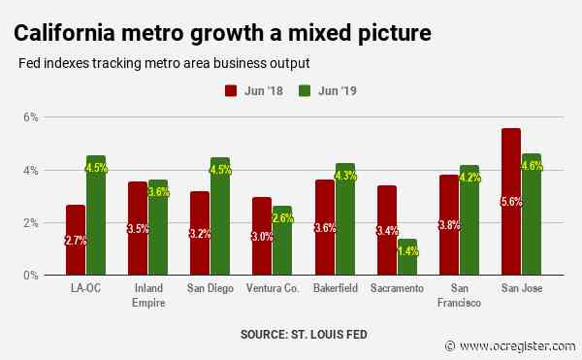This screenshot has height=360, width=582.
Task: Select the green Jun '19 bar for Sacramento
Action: [x=408, y=257]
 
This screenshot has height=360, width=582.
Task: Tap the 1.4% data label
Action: [x=408, y=251]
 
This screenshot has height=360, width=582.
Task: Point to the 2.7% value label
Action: [x=75, y=240]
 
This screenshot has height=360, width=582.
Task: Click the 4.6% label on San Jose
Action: [x=533, y=166]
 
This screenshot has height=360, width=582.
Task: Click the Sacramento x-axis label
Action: [x=397, y=289]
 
